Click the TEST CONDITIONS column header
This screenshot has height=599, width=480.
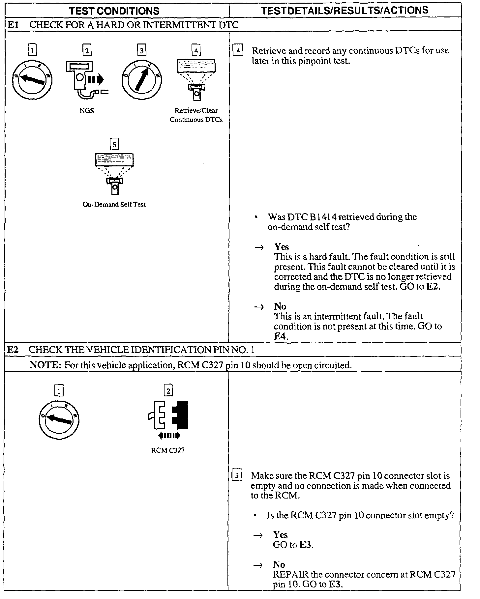click(x=114, y=11)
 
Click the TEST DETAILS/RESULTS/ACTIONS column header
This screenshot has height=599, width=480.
click(x=345, y=11)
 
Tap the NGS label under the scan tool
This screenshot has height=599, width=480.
click(x=87, y=111)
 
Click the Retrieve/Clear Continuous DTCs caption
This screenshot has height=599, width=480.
click(x=196, y=115)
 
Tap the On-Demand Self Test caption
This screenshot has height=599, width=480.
click(x=114, y=204)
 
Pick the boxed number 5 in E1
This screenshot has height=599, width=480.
click(x=114, y=144)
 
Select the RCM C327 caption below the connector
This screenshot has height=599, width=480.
click(x=168, y=450)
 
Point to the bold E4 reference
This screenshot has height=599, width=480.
click(x=281, y=336)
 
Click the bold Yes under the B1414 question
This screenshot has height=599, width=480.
click(x=281, y=247)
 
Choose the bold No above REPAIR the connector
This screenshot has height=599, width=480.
click(x=279, y=564)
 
